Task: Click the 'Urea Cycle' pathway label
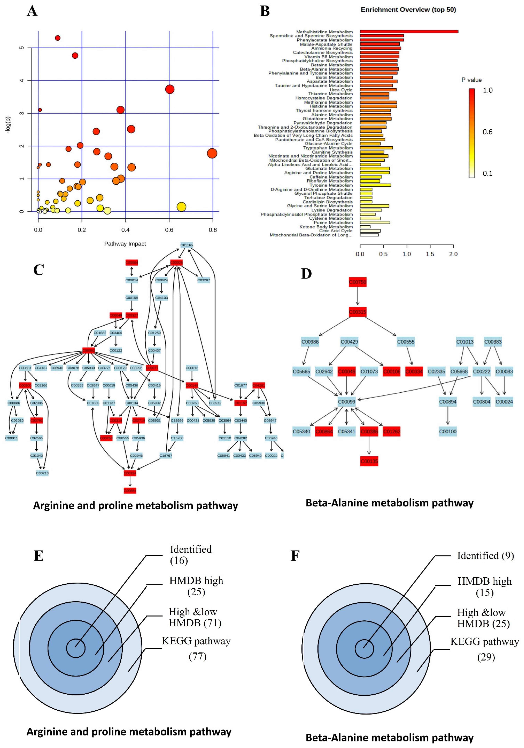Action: [x=341, y=90]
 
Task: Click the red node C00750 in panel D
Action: [x=357, y=282]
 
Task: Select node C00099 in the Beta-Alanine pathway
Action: [x=346, y=402]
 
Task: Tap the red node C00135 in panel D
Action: [x=369, y=461]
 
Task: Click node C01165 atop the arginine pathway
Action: [x=187, y=245]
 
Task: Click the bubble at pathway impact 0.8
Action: [x=212, y=153]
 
